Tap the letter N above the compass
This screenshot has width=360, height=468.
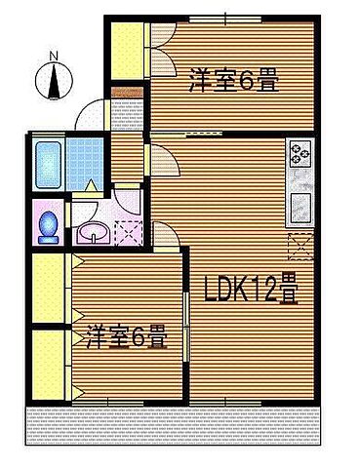(54, 56)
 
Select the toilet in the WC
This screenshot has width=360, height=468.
(46, 223)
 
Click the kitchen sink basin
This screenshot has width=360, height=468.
(299, 208)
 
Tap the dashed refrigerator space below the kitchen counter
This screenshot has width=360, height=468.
(299, 244)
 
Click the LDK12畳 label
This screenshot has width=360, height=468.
(251, 290)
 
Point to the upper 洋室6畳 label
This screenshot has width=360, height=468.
(233, 81)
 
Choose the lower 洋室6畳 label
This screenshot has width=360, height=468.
(124, 336)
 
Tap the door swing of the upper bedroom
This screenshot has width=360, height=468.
(162, 33)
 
